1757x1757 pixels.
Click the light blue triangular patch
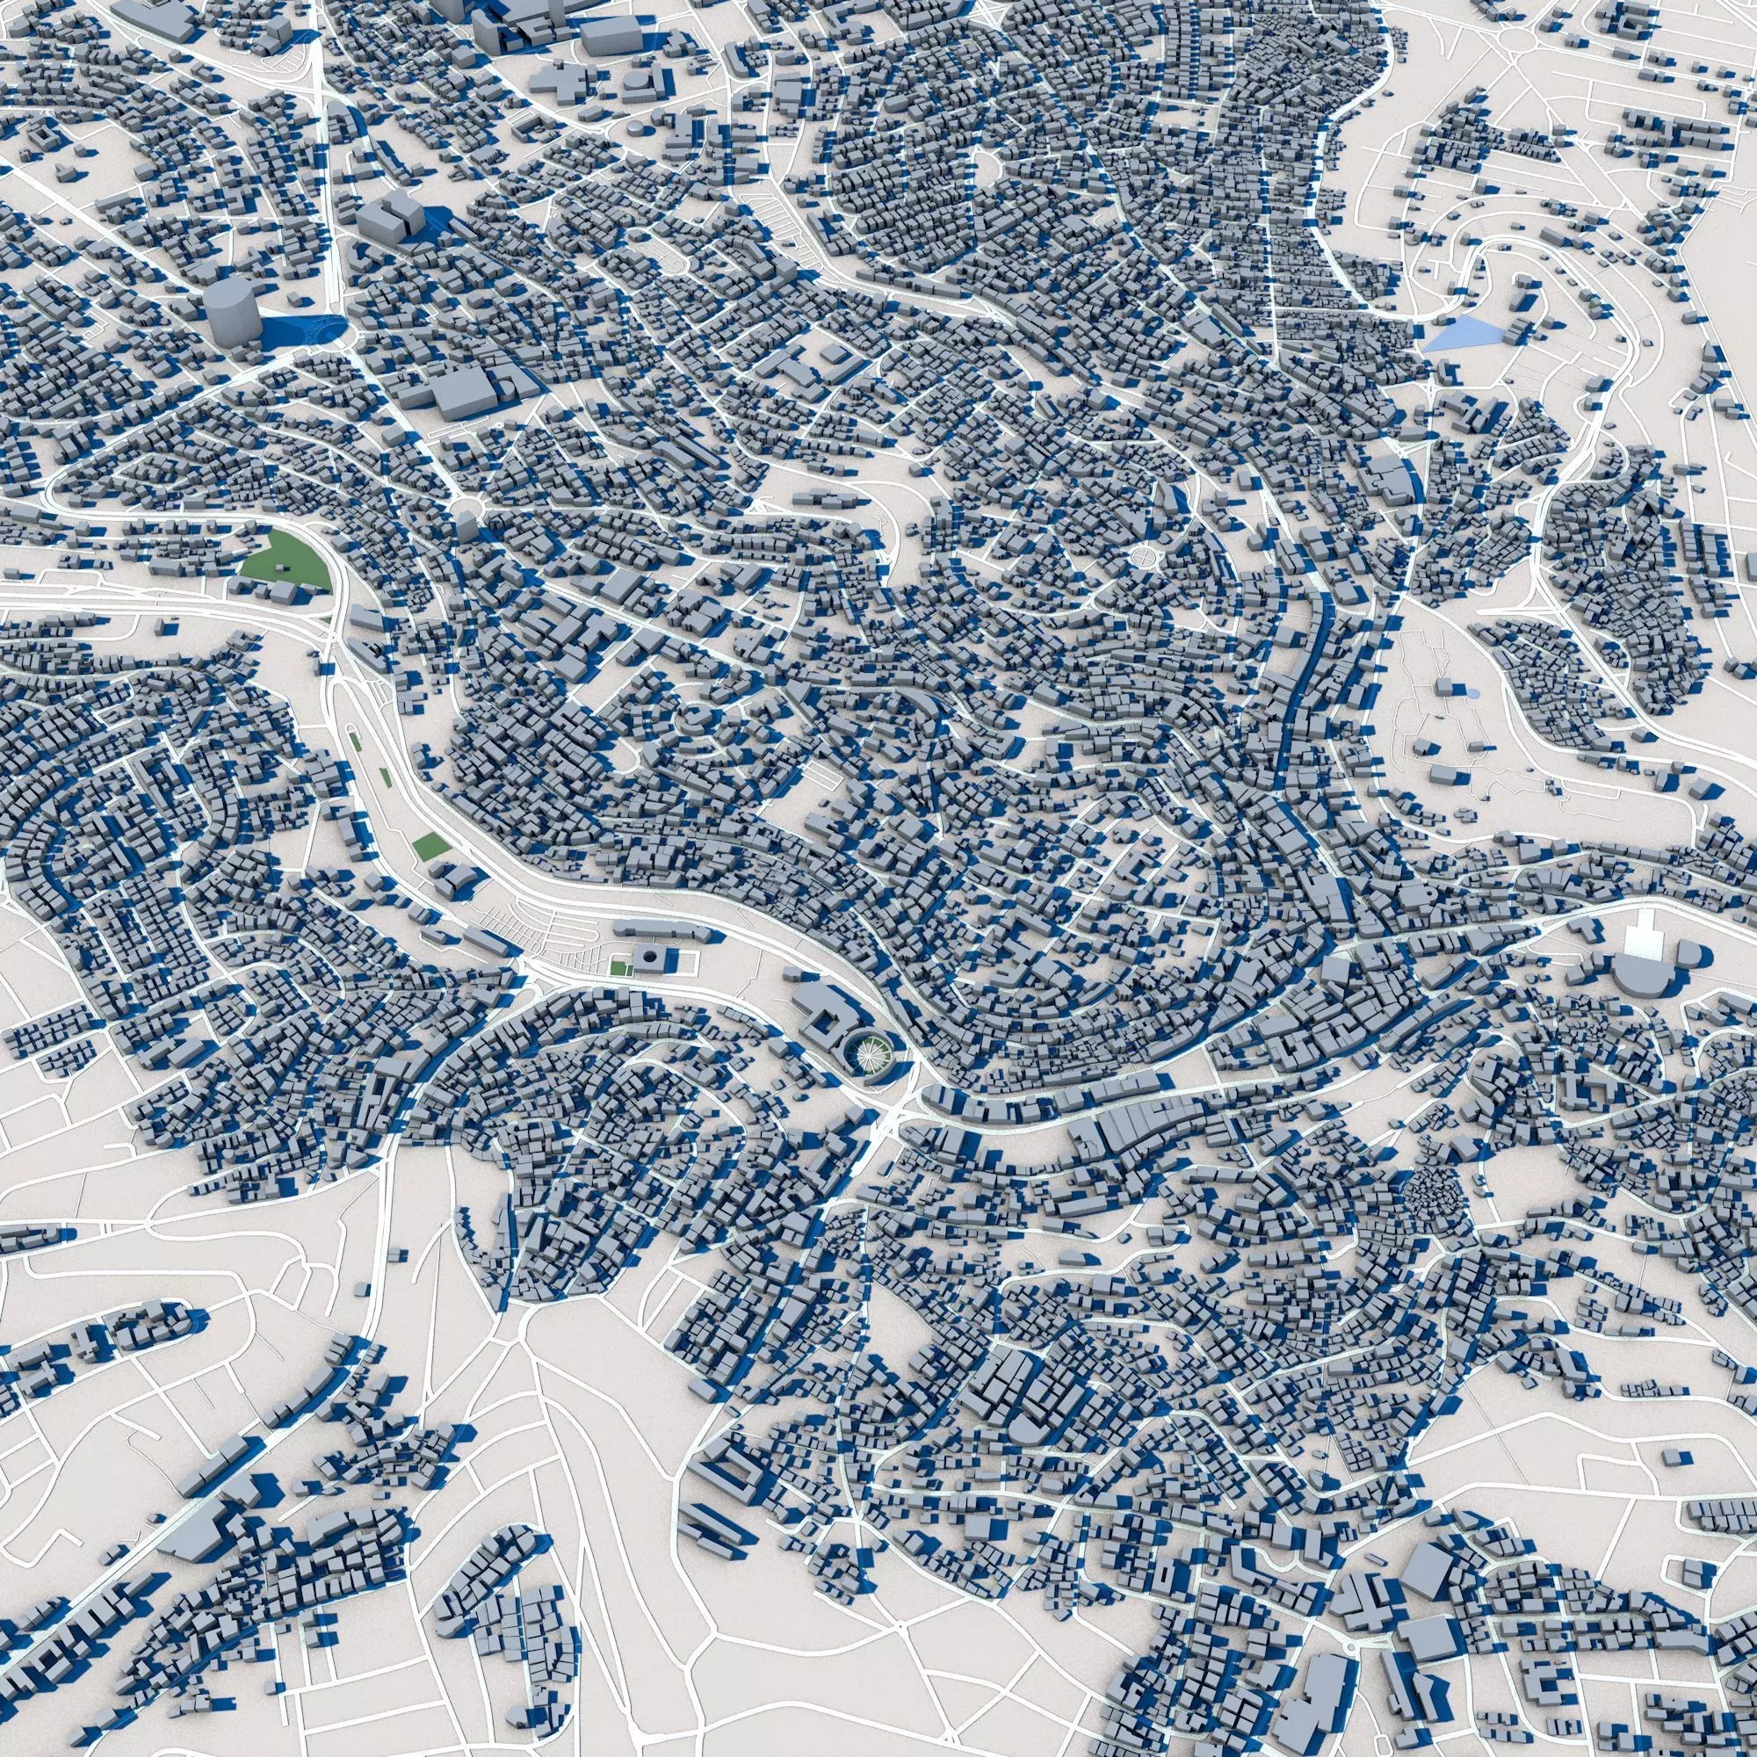coord(1459,336)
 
